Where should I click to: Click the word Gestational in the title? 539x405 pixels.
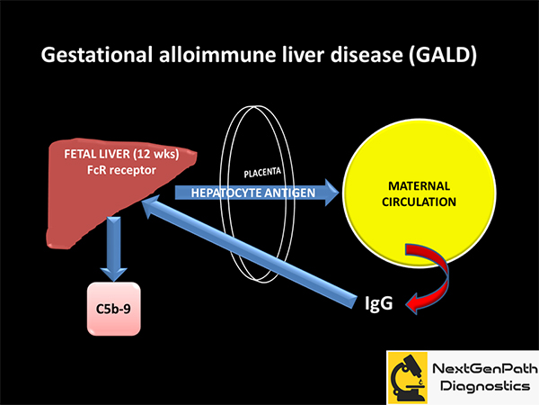click(97, 55)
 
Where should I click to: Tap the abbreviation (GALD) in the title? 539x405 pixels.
click(443, 55)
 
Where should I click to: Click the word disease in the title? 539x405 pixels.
click(367, 54)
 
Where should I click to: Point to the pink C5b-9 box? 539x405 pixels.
click(114, 309)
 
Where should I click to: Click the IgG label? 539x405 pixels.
click(378, 303)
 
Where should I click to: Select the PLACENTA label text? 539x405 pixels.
click(262, 172)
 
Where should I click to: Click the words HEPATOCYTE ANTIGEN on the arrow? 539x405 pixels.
click(253, 193)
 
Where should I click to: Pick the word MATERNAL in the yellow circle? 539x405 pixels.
click(419, 186)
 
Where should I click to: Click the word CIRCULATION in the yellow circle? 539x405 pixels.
click(419, 202)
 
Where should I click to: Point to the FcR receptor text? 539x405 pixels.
click(121, 170)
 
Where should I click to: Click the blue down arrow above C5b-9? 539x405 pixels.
click(114, 249)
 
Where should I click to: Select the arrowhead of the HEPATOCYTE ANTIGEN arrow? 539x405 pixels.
click(332, 193)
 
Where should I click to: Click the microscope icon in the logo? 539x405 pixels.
click(407, 378)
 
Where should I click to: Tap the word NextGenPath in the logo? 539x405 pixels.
click(485, 368)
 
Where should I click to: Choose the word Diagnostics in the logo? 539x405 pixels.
click(485, 386)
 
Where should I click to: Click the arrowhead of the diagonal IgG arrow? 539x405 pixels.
click(151, 205)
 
